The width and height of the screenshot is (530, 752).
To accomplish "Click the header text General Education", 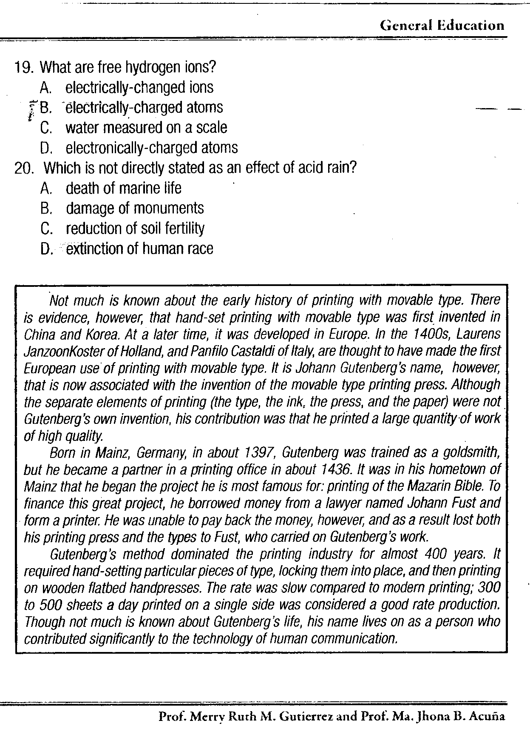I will [442, 26].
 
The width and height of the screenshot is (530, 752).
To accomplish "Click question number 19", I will [23, 67].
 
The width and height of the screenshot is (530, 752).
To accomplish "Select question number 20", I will [23, 168].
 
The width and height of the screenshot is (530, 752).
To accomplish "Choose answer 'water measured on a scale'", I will [146, 128].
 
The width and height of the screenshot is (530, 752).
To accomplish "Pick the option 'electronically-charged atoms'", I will [151, 148].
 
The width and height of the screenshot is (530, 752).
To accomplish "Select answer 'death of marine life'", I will [123, 188].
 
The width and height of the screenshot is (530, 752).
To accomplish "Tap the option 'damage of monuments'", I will [135, 209].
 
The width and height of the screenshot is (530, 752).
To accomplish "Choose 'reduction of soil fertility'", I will [135, 229].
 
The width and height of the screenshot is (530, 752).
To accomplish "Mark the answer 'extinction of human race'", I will [139, 249].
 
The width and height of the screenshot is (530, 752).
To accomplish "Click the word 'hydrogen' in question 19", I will [142, 67].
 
